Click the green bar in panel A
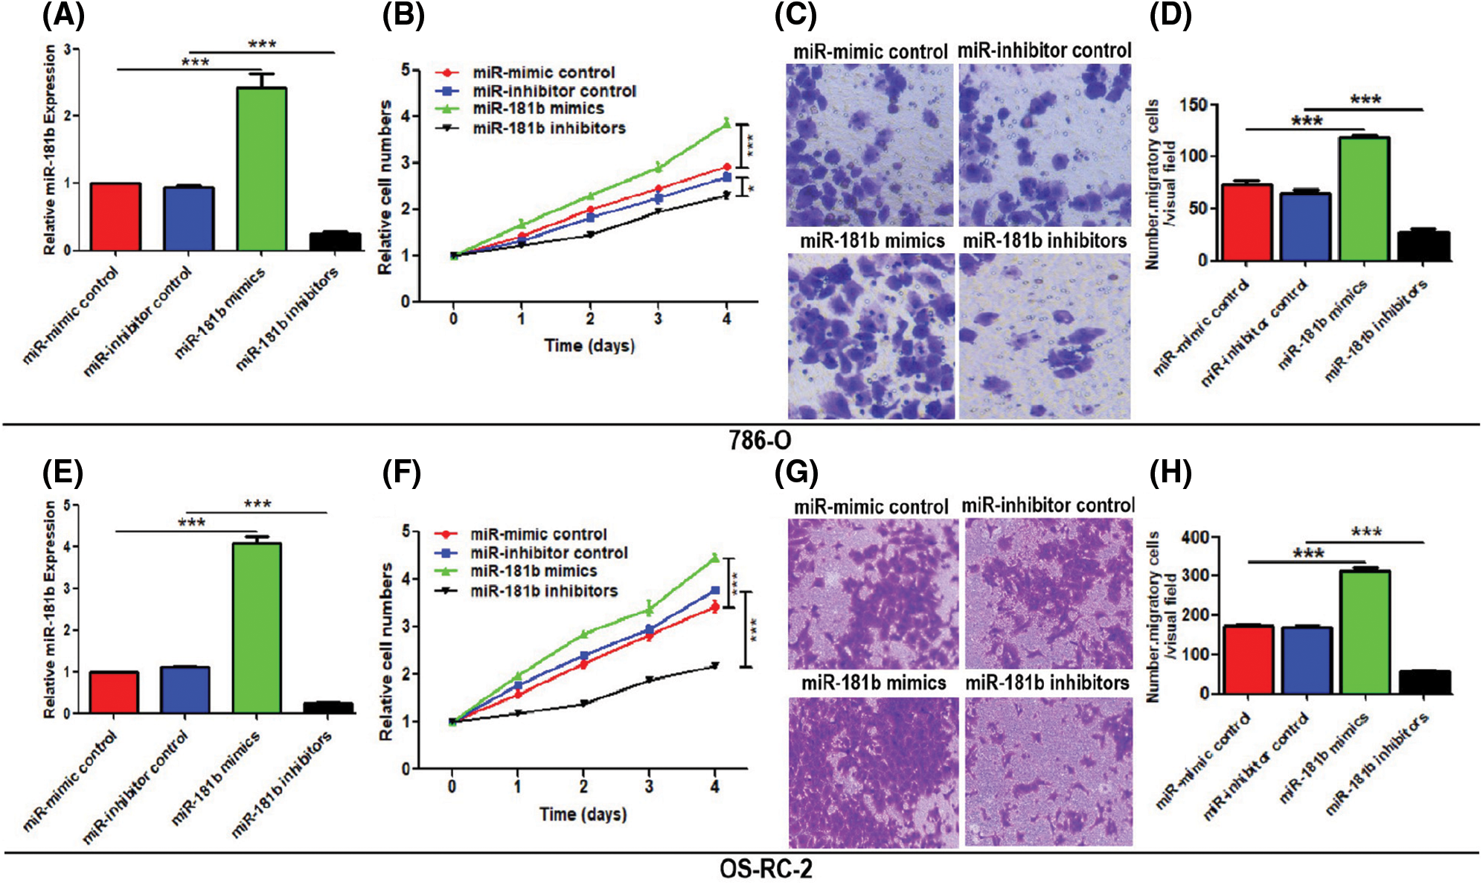tap(261, 169)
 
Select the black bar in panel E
tap(328, 707)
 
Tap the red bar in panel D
tap(1246, 222)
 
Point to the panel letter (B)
tap(403, 16)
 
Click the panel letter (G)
tap(796, 473)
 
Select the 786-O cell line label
tap(760, 440)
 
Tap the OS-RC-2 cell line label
tap(766, 869)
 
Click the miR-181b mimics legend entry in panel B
tap(537, 109)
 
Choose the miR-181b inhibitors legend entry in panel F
tap(543, 591)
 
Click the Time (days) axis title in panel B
tap(589, 345)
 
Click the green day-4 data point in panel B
tap(726, 124)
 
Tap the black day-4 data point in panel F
tap(715, 665)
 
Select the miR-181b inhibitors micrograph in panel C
tap(1044, 336)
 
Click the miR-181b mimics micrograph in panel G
tap(873, 772)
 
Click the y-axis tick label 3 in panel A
tap(68, 49)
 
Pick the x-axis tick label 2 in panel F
tap(583, 786)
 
